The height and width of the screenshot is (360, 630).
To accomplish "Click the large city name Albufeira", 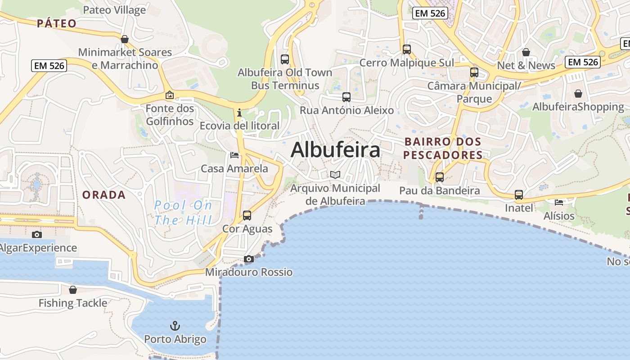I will click(335, 150).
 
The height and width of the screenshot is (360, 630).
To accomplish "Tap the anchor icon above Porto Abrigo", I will click(175, 326).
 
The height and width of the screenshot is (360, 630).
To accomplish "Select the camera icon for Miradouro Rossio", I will click(248, 259).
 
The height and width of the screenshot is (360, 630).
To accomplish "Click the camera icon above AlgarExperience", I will click(37, 234).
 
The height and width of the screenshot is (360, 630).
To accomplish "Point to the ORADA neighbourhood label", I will click(104, 195).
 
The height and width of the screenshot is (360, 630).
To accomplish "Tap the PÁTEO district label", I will click(57, 23).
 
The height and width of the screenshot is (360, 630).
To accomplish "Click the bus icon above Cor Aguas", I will click(247, 216).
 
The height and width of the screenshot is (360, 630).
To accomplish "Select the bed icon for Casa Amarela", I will click(234, 155).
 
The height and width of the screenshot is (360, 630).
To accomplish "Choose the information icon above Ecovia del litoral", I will click(239, 112).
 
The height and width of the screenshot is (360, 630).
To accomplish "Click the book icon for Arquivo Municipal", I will click(335, 175).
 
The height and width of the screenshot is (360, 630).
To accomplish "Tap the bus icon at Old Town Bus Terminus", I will click(284, 59).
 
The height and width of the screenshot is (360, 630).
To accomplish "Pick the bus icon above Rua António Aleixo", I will click(346, 97).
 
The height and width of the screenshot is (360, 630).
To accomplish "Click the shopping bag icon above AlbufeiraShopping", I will click(578, 94).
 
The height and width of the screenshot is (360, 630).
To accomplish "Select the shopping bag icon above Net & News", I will click(526, 52).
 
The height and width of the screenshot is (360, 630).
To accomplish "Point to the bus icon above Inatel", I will click(519, 195).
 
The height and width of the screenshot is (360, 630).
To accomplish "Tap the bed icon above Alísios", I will click(559, 202).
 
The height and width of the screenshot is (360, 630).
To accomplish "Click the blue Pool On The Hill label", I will click(183, 213).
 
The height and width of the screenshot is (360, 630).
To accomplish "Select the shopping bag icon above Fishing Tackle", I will click(73, 290).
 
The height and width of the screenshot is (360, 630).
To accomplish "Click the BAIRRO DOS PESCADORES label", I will click(443, 148).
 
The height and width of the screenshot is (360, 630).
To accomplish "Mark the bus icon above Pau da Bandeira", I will click(440, 177).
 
